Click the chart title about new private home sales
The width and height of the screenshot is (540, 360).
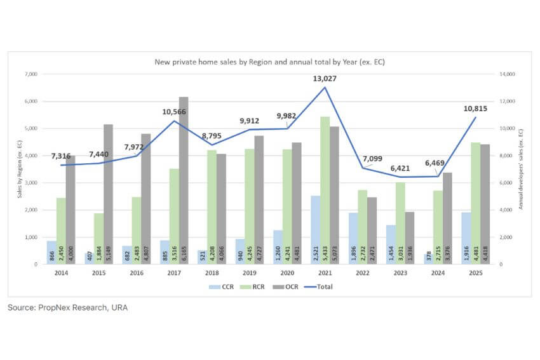pos(270,62)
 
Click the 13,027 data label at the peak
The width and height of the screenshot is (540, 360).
pos(325,79)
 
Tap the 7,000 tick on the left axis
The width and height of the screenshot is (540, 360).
pos(30,74)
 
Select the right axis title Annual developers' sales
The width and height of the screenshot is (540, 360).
pos(521,169)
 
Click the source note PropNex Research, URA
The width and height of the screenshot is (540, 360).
pos(67,308)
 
